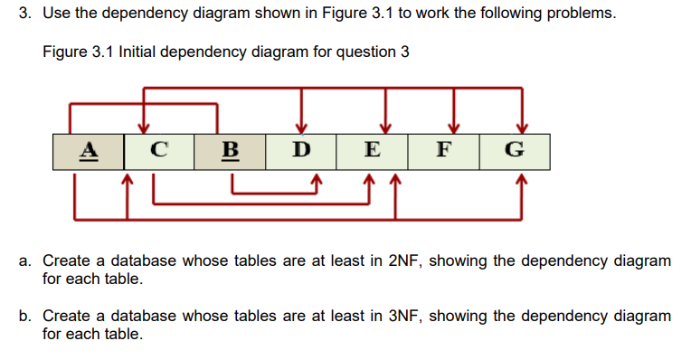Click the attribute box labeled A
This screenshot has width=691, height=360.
pos(88,150)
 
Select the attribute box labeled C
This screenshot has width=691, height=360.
pos(159,150)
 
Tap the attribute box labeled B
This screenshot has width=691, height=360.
pos(230,150)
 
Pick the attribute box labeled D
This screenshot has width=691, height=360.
pos(301,150)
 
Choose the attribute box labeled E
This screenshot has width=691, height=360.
pos(372,150)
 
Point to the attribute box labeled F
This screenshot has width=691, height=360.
pos(443,150)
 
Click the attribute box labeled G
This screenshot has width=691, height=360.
pos(514,150)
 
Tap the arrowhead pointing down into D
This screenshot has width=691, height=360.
pos(301,126)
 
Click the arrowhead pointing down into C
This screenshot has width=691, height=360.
pos(143,126)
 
